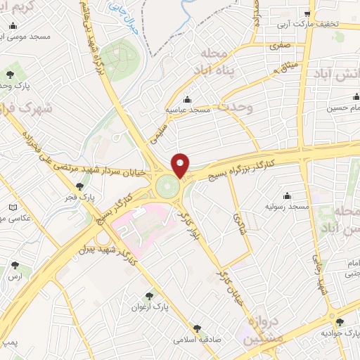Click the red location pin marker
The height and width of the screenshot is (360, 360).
click(x=181, y=165)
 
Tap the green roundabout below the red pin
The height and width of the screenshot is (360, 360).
click(x=167, y=187)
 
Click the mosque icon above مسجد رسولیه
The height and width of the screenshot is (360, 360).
click(x=287, y=196)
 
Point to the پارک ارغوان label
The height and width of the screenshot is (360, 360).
click(x=150, y=307)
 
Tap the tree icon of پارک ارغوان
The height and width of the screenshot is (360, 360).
click(x=148, y=297)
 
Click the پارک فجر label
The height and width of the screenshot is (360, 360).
click(x=78, y=198)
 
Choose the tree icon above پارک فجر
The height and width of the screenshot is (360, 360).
click(x=80, y=187)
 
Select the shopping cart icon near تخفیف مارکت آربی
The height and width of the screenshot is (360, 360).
click(x=307, y=14)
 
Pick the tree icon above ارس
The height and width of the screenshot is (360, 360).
click(x=15, y=266)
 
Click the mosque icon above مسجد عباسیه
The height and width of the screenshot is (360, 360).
click(x=186, y=100)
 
